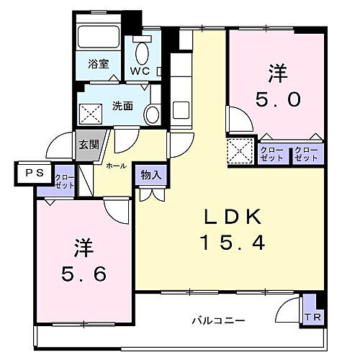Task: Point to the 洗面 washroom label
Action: [122, 107]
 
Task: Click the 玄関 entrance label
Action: [89, 143]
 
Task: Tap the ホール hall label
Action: [117, 166]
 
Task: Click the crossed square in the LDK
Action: [238, 151]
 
